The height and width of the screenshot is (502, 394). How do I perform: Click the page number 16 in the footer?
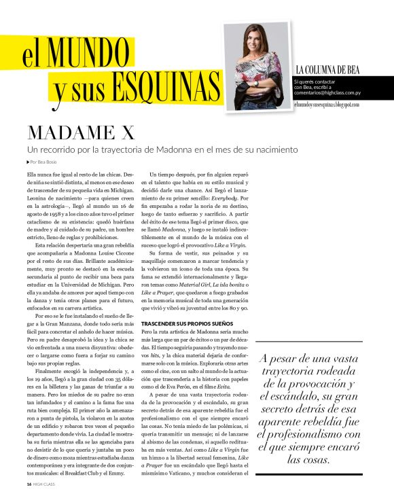[29, 484]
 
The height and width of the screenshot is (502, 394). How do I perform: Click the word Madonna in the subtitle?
[173, 149]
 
